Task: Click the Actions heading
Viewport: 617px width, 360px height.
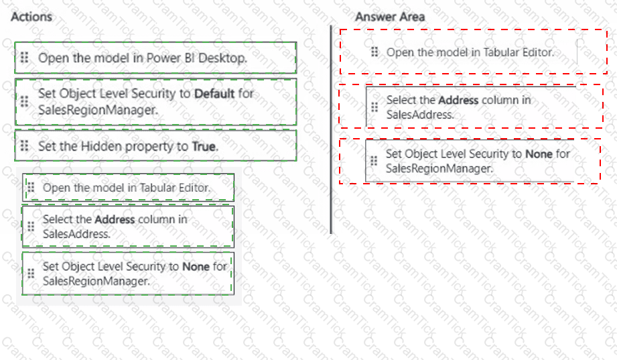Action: click(x=31, y=17)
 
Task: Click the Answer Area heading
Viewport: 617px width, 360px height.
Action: click(x=390, y=17)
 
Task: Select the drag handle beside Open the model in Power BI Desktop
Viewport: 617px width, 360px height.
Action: click(x=24, y=58)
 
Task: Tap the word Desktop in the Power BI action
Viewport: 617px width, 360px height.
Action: click(x=222, y=58)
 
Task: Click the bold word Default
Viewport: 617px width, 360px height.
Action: click(x=214, y=94)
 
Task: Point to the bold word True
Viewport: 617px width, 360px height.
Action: click(x=204, y=147)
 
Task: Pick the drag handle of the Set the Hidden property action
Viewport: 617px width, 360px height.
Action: click(x=24, y=145)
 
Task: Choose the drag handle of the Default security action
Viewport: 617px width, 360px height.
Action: click(x=24, y=102)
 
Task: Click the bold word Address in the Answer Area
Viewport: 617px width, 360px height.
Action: click(x=458, y=101)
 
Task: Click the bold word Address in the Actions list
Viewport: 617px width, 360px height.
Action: click(x=115, y=219)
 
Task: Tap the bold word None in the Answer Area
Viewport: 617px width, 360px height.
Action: click(x=539, y=154)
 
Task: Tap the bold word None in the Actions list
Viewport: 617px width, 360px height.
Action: click(x=196, y=267)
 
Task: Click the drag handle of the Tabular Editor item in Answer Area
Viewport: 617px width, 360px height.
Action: click(x=374, y=52)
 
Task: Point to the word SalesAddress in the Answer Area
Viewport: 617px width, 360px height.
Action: click(x=420, y=115)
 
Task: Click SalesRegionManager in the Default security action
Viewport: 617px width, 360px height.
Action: click(x=98, y=110)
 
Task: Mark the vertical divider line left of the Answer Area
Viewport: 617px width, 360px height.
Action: click(x=331, y=129)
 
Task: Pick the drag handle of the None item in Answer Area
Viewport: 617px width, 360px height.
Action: click(x=374, y=161)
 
